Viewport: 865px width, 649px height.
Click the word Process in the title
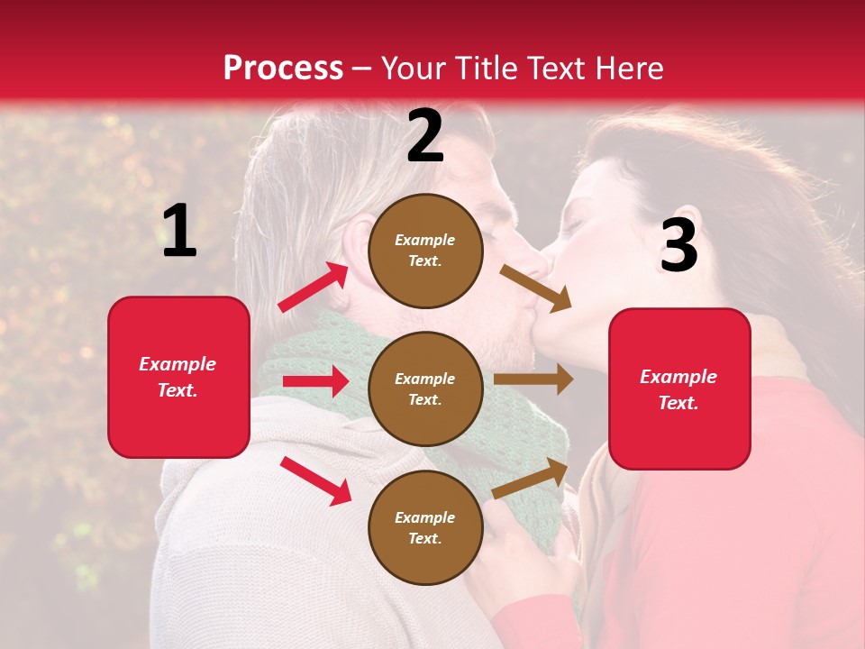(283, 69)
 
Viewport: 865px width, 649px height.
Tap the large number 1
(179, 232)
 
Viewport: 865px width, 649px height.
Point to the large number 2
(425, 136)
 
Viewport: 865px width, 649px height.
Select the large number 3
(678, 245)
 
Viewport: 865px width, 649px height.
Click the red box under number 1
(178, 377)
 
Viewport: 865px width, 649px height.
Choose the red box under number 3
(679, 388)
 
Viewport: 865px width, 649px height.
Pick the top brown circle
(425, 251)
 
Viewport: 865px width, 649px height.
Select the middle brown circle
(425, 388)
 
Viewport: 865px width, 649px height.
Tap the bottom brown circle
(425, 527)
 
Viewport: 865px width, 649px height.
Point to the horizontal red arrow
(314, 381)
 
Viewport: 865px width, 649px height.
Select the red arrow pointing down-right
(315, 480)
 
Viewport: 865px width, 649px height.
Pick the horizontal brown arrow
(533, 379)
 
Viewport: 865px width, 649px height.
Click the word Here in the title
(627, 69)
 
